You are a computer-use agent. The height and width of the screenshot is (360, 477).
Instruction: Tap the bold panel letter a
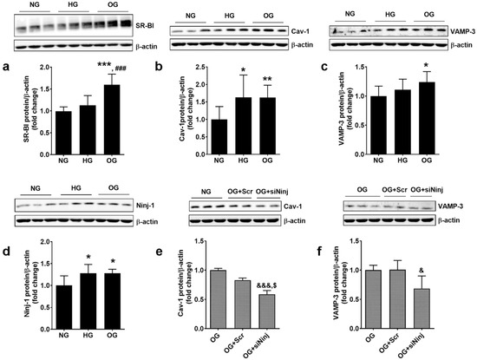(x=7, y=64)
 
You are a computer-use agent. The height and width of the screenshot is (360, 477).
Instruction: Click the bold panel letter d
(x=7, y=252)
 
